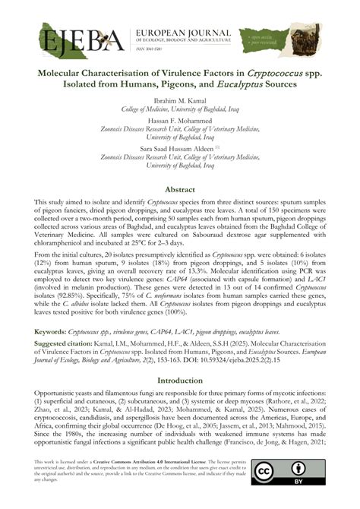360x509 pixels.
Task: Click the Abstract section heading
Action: (x=179, y=189)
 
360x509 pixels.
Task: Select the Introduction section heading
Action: (x=179, y=380)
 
